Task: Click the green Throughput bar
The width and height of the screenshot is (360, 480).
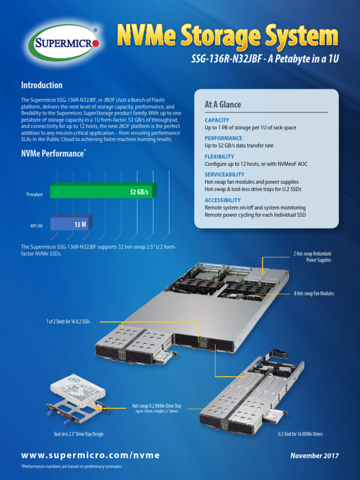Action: coord(101,192)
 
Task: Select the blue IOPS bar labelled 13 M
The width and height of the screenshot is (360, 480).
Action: coord(70,225)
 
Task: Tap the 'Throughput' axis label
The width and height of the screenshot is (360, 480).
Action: coord(34,194)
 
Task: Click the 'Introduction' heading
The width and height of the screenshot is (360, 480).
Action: coord(42,85)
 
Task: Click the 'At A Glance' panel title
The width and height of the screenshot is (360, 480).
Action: coord(223,105)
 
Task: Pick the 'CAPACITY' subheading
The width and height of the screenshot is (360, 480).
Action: coord(217,120)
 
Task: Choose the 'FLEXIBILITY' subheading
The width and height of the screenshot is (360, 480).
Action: coord(219,157)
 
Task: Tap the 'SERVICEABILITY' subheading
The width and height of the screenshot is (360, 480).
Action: coord(225,174)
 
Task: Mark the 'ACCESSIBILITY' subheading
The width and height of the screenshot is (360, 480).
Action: coord(223,200)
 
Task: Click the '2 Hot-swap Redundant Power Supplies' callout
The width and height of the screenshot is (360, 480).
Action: coord(312,257)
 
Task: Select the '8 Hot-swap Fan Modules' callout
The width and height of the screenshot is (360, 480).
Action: coord(314,293)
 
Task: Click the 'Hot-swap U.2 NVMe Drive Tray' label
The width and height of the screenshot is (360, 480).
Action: coord(157,406)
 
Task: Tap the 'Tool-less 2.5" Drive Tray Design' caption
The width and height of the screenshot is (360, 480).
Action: coord(78,434)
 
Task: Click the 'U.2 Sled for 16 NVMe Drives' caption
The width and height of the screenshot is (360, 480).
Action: coord(300,434)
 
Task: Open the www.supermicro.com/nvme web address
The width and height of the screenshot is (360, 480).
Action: coord(90,456)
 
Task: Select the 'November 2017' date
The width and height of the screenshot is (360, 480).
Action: coord(315,456)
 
